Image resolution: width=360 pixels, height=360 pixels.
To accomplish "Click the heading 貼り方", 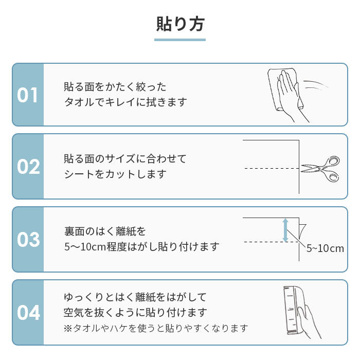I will click(180, 24).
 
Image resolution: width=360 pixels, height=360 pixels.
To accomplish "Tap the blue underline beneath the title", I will click(180, 40).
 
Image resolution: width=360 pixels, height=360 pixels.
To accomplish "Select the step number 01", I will click(28, 95).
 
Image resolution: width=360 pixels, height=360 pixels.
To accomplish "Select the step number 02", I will click(28, 167).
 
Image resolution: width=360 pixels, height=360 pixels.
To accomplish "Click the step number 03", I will click(28, 239).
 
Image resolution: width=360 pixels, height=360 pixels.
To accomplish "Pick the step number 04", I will click(28, 312).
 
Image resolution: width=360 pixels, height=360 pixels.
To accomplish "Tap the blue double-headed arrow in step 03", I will click(285, 230).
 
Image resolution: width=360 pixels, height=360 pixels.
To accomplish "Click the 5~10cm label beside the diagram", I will click(325, 249).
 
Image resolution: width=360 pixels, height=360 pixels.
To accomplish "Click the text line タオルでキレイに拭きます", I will click(125, 102).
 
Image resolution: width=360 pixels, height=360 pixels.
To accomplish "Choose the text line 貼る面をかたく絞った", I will click(115, 86).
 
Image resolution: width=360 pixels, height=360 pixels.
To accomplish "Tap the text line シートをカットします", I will click(115, 174).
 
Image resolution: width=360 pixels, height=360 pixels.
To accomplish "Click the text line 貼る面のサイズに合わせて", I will click(125, 158).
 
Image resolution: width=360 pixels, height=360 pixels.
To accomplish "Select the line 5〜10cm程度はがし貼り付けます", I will click(142, 247).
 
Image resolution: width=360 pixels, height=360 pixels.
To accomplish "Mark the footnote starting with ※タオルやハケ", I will click(156, 328).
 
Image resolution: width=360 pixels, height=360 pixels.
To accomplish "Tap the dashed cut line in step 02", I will click(270, 168).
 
